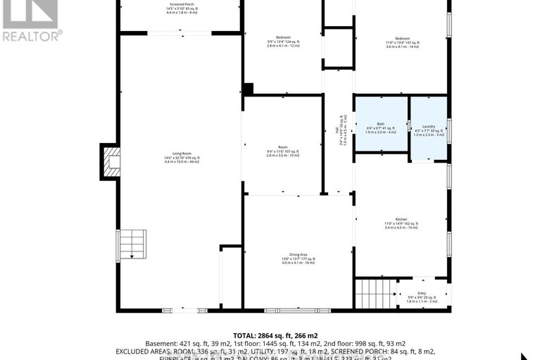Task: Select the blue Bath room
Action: pos(381,124)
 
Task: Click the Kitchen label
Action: pos(401,219)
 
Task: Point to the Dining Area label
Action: pos(297,255)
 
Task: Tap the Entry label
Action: pos(421,293)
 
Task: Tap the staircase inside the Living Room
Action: pos(132,246)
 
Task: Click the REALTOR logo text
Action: pos(32,34)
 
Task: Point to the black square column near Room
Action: pos(247,89)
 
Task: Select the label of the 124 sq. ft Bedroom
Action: pos(283,37)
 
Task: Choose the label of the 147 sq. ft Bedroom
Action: pos(402,37)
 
